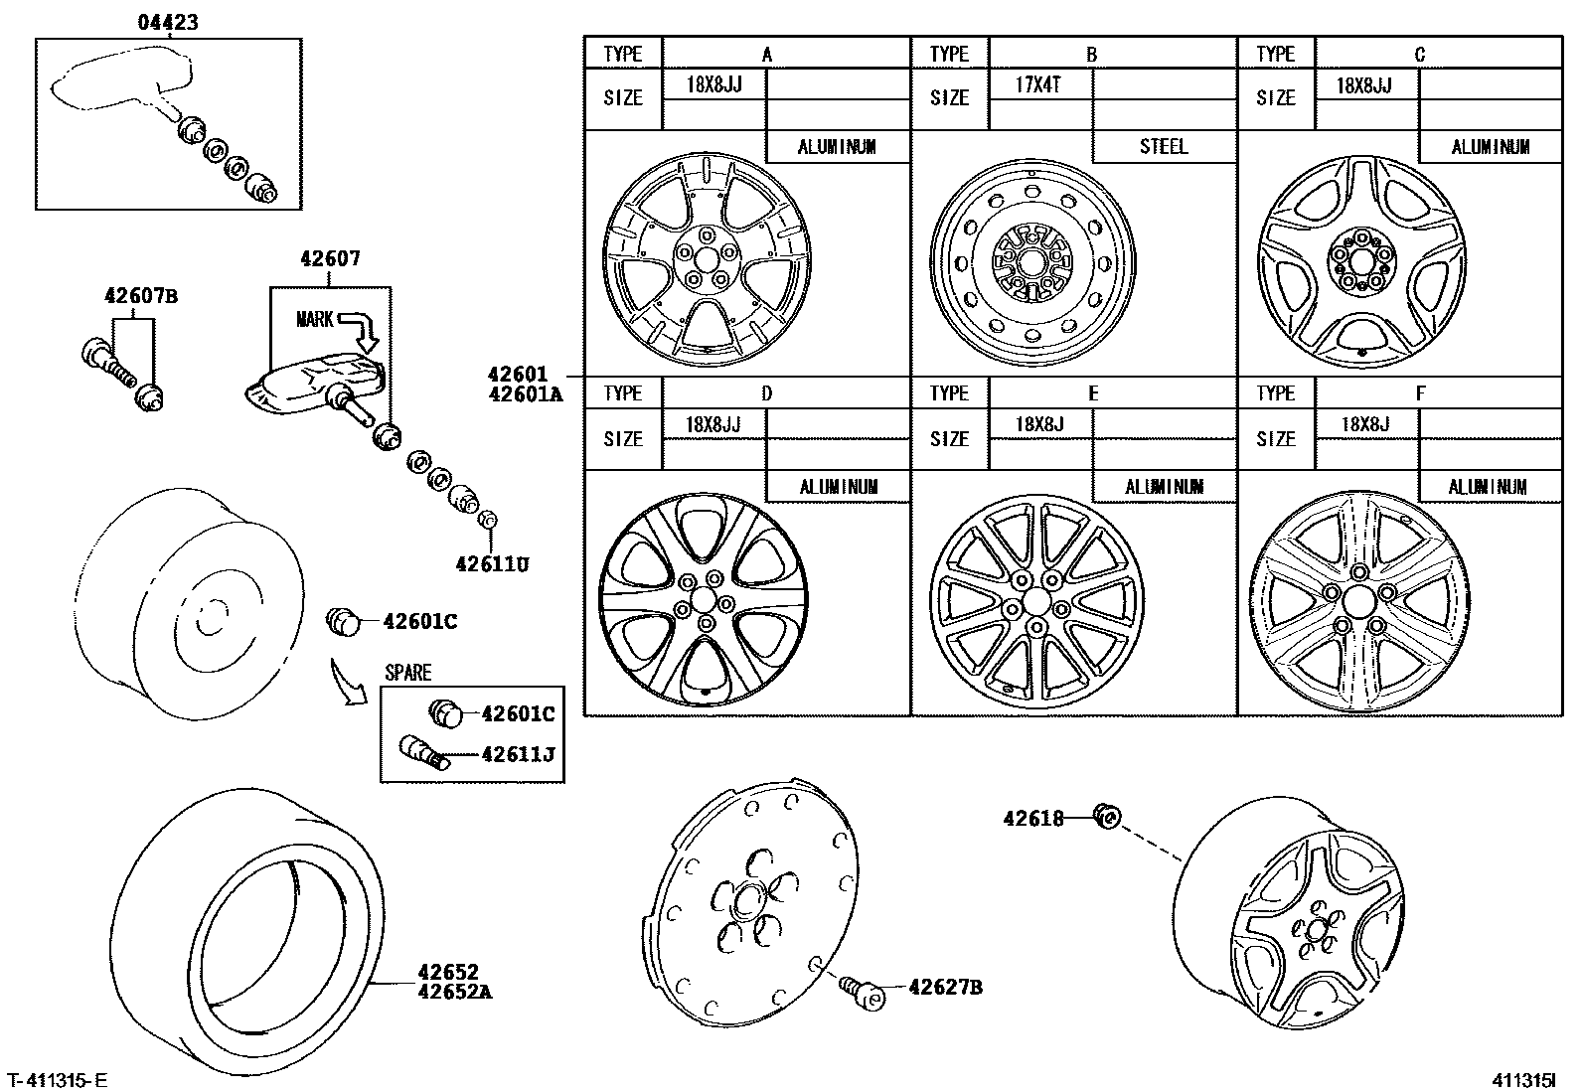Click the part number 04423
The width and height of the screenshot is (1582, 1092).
[167, 22]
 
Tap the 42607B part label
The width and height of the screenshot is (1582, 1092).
[140, 296]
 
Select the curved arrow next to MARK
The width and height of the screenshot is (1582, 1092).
[365, 329]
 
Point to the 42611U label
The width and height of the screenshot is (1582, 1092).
[492, 564]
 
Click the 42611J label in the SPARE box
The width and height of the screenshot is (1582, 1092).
[517, 754]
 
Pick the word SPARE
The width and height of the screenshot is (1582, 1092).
[407, 673]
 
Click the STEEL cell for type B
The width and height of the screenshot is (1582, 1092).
[1163, 147]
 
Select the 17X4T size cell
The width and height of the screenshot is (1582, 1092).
[1038, 85]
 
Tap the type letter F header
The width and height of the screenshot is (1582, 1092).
[1420, 393]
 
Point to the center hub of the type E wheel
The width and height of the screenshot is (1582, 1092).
[1035, 602]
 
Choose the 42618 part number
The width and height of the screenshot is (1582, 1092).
[1032, 819]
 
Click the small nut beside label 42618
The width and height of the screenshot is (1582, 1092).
[1107, 817]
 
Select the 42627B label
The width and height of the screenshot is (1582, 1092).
[945, 987]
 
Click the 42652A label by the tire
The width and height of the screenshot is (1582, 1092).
[455, 991]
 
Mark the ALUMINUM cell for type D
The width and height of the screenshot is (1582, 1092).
[838, 487]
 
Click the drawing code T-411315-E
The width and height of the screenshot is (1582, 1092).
[58, 1079]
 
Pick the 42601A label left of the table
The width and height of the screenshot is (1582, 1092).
[525, 393]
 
